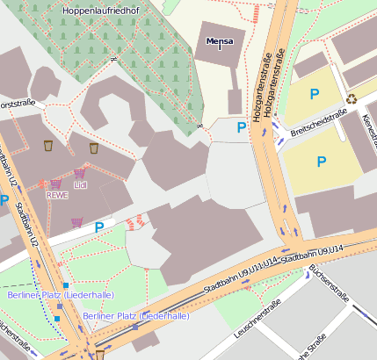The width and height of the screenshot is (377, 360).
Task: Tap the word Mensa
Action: (220, 41)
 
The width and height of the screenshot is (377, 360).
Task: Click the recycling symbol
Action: (352, 98)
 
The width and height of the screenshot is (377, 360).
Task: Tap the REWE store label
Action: (57, 196)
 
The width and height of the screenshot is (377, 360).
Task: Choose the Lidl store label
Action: (81, 185)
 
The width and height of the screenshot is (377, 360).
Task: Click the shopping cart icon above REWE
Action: (56, 184)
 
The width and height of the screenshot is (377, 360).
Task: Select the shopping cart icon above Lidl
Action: (80, 173)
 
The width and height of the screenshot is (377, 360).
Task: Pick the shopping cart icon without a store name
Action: (77, 222)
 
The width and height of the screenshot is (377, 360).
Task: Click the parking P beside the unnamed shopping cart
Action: (99, 227)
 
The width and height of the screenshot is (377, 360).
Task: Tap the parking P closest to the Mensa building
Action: (242, 128)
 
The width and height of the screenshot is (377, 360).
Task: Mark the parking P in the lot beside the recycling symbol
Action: (314, 93)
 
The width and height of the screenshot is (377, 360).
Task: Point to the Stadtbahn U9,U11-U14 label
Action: (240, 275)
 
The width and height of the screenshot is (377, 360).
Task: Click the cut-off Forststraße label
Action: (17, 103)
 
